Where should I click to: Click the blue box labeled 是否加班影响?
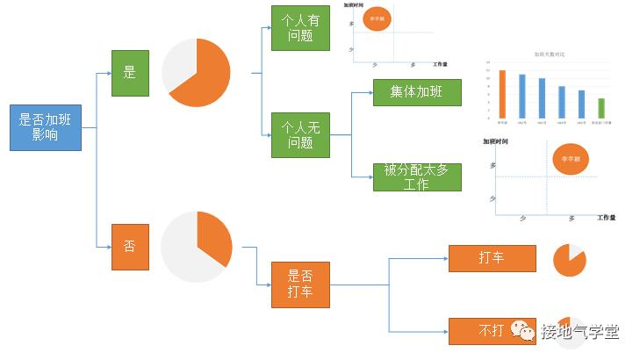tap(45, 128)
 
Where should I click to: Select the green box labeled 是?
tap(130, 73)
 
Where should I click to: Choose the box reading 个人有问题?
tap(300, 28)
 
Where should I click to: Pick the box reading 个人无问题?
tap(300, 135)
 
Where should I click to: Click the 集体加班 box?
tap(417, 92)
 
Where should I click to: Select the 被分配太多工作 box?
tap(417, 176)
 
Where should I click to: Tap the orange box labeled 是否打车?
tap(300, 284)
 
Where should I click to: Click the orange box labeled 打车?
tap(492, 258)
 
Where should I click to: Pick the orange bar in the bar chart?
tap(502, 93)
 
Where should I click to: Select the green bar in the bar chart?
tap(600, 107)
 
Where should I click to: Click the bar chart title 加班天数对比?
tap(550, 54)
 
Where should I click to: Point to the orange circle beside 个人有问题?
tap(376, 18)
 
